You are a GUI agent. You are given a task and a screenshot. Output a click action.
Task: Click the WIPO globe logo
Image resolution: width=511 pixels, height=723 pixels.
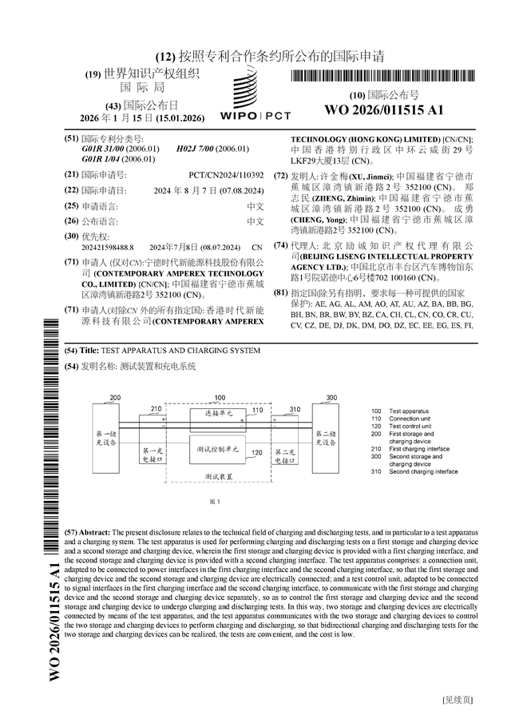coord(256,90)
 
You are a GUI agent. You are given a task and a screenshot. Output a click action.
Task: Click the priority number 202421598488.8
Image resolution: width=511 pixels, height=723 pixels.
coord(108,248)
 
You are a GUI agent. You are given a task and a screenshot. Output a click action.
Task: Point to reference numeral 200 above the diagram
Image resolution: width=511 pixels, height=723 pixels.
coord(115,397)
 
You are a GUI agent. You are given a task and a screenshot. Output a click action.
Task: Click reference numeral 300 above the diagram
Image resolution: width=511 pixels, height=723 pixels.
coord(331,397)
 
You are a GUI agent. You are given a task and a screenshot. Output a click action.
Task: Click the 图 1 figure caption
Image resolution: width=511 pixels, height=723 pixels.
coord(213,501)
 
